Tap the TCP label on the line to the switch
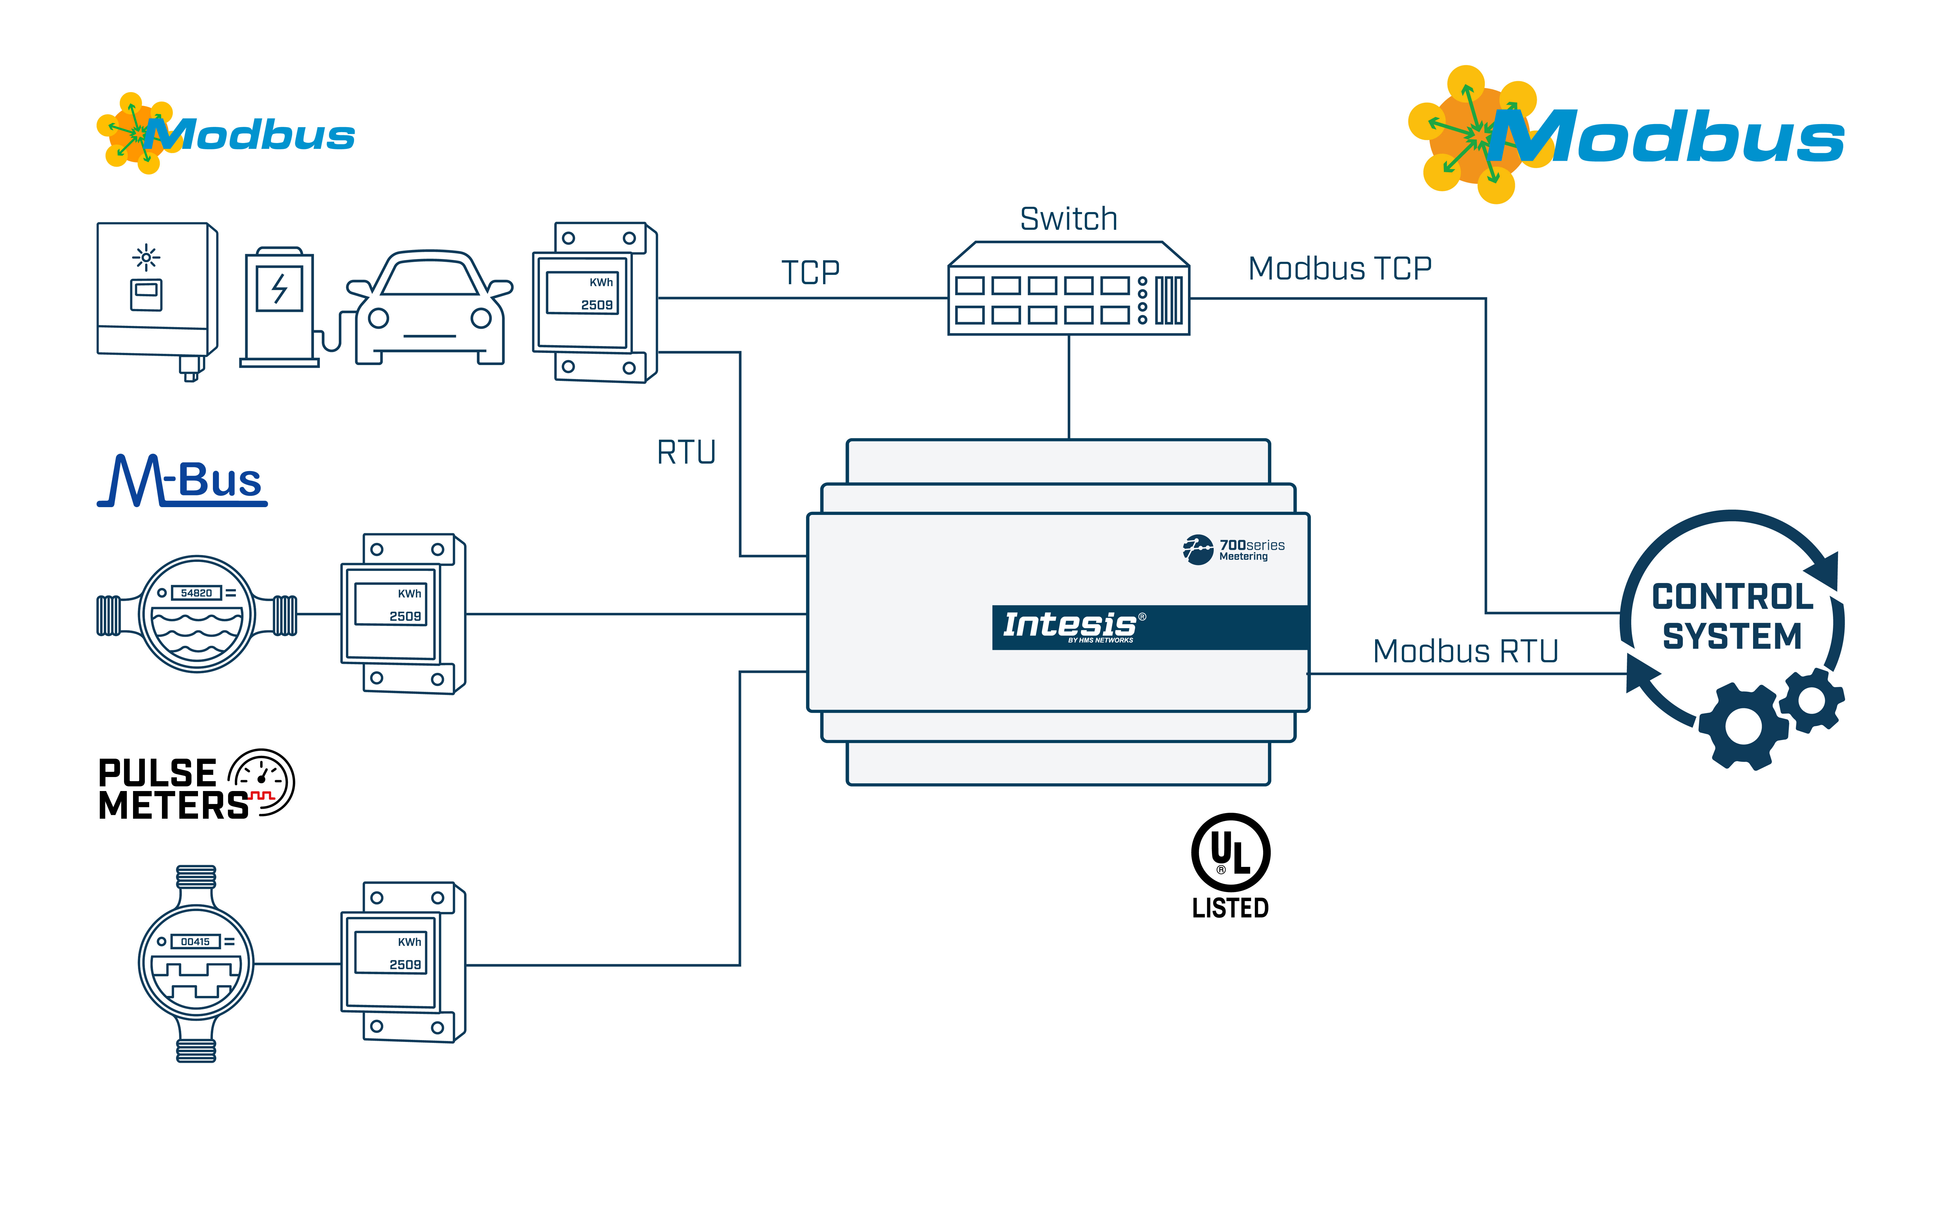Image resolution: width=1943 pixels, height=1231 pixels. coord(810,273)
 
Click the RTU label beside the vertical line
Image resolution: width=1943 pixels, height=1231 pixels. coord(686,453)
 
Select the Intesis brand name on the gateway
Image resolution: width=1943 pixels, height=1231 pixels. coord(1069,625)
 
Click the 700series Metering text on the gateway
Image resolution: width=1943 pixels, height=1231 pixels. coord(1251,550)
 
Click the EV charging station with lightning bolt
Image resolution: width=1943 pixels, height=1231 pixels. coord(279,307)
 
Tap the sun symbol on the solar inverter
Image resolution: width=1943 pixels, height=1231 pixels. coord(146,257)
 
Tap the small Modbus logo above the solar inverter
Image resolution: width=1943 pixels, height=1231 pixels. coord(226,135)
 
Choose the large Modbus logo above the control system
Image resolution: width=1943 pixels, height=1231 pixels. coord(1626,136)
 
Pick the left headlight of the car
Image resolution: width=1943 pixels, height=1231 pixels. coord(378,319)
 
